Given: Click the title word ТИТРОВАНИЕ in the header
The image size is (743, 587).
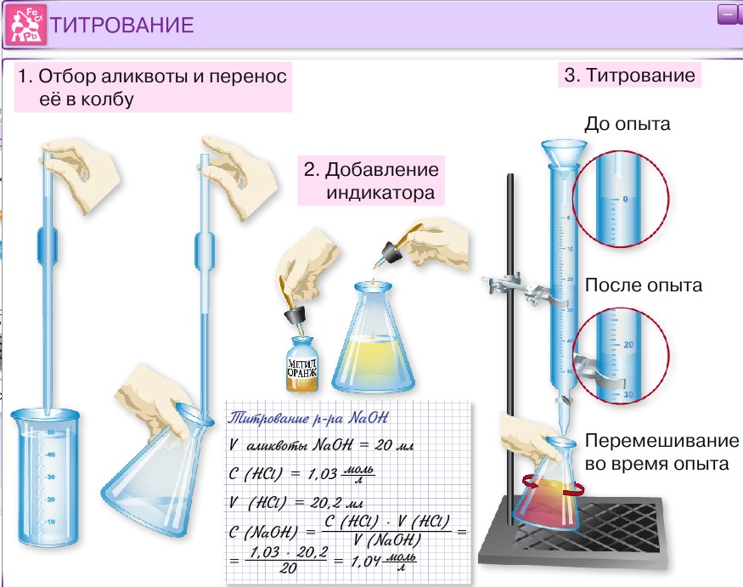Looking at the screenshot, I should [x=122, y=25].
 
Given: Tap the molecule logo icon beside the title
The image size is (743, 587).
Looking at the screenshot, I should [x=25, y=24].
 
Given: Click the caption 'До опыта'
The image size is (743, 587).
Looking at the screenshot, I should [x=628, y=124].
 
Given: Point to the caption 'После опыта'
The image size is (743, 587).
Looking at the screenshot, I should [x=644, y=285].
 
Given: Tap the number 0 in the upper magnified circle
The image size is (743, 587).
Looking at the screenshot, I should [x=625, y=199].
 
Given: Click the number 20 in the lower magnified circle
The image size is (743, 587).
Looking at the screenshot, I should [x=628, y=346].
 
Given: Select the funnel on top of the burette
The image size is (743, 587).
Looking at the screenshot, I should [x=564, y=157].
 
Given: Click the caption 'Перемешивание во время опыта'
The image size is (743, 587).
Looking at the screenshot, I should [x=661, y=453].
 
